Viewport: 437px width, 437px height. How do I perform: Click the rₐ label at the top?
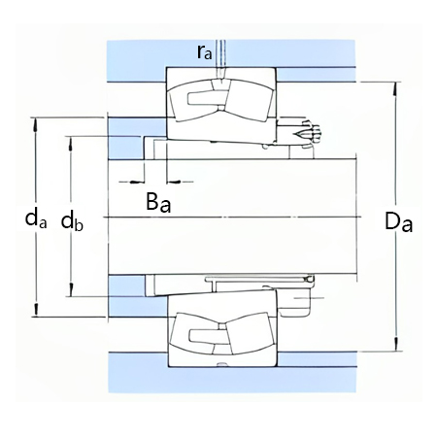click(x=205, y=53)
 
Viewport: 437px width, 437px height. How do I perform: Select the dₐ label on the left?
click(x=35, y=219)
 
